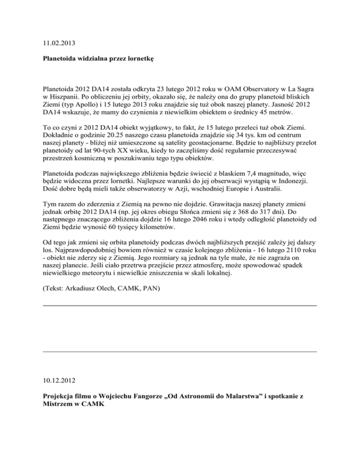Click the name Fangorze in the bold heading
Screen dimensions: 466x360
(150, 397)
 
